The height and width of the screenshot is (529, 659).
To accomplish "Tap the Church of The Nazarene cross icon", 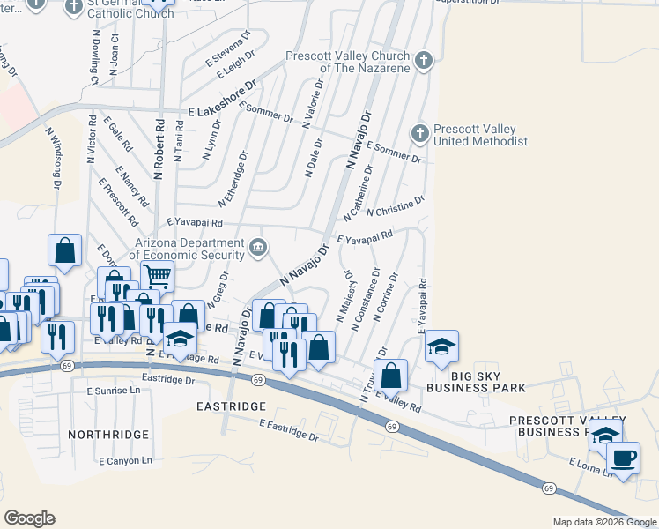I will pos(424,60).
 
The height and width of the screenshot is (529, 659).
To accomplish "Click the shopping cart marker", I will pos(157,276).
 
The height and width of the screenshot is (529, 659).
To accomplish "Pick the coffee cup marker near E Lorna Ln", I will pos(623,458).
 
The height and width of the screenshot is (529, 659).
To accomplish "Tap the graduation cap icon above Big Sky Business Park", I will pos(441,346).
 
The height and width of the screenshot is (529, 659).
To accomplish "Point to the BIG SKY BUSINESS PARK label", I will pos(476,387).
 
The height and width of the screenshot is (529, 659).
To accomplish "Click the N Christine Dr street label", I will pos(396,206).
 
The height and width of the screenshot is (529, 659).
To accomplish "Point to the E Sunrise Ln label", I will pos(113,389).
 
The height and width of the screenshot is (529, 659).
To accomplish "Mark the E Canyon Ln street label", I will pos(125,460).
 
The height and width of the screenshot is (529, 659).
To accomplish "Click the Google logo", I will pos(29,518).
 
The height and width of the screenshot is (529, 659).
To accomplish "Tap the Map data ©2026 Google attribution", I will pos(604,522).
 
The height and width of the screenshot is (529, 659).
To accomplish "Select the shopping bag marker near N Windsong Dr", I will pos(65,250).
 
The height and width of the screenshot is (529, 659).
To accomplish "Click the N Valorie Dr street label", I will pos(314,104).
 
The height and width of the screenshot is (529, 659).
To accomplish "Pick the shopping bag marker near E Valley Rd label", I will pos(391,376).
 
